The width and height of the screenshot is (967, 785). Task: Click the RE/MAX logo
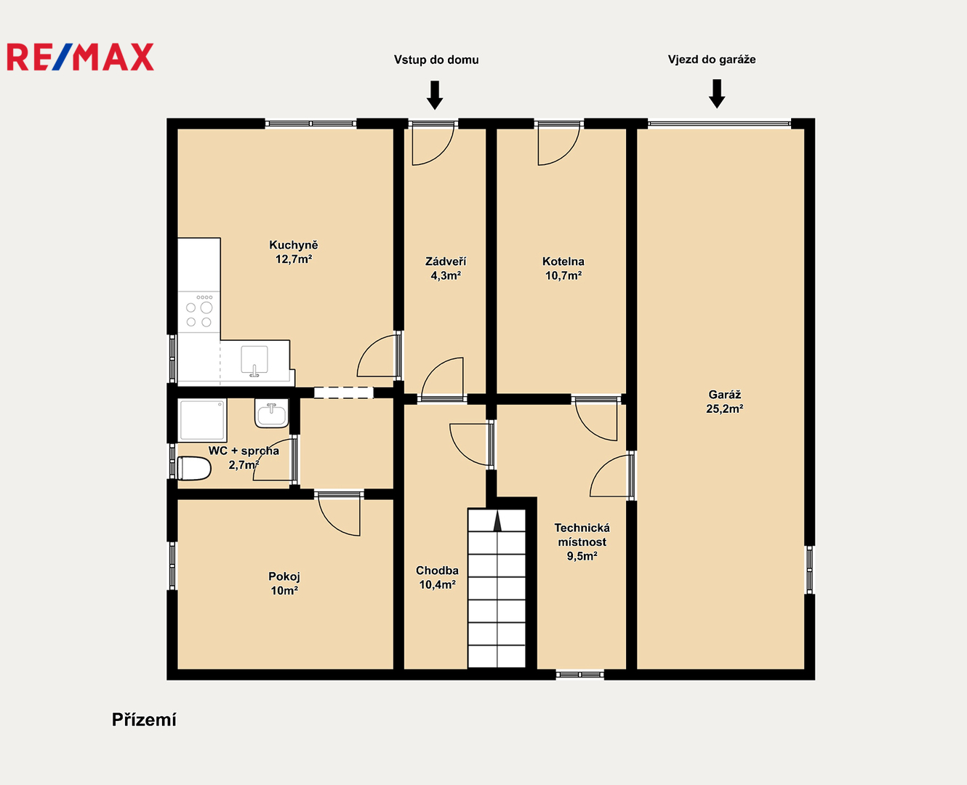pyautogui.click(x=81, y=57)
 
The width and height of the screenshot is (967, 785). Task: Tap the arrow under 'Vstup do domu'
pyautogui.click(x=435, y=94)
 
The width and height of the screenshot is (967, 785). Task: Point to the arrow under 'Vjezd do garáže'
pyautogui.click(x=717, y=94)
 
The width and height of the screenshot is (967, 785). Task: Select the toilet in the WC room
pyautogui.click(x=194, y=468)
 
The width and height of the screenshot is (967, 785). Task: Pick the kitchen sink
pyautogui.click(x=254, y=361)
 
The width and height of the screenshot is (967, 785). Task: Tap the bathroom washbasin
pyautogui.click(x=271, y=414)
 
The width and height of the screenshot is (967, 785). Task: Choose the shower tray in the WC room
pyautogui.click(x=202, y=420)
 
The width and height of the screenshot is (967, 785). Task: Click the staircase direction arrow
pyautogui.click(x=497, y=520)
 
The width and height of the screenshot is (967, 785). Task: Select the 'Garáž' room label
pyautogui.click(x=725, y=395)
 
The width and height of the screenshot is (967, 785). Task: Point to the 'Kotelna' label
pyautogui.click(x=563, y=262)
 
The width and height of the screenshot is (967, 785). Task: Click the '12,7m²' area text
pyautogui.click(x=294, y=259)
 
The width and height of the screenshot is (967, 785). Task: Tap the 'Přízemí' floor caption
pyautogui.click(x=144, y=720)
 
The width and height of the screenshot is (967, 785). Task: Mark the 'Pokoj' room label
pyautogui.click(x=284, y=576)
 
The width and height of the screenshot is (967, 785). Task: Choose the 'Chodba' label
pyautogui.click(x=437, y=571)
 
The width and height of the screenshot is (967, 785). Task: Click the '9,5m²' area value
pyautogui.click(x=582, y=556)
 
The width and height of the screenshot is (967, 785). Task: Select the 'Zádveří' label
pyautogui.click(x=446, y=262)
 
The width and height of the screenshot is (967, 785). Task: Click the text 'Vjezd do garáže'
pyautogui.click(x=712, y=60)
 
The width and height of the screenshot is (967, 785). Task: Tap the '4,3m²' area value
pyautogui.click(x=446, y=275)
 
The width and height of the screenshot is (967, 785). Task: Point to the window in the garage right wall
pyautogui.click(x=809, y=569)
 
